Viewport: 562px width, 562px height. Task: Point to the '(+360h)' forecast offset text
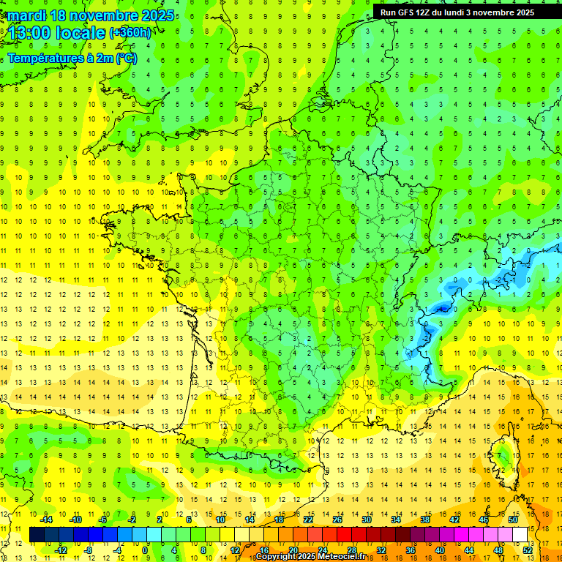(x=130, y=32)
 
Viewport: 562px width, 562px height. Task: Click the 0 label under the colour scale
(x=145, y=550)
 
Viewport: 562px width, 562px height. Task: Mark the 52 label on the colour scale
(x=528, y=550)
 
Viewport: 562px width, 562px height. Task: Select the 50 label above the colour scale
(x=512, y=520)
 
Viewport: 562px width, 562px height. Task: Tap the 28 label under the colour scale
(x=352, y=550)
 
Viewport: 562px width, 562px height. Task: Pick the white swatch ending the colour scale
(x=520, y=534)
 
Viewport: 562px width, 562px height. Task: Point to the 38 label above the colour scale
(x=424, y=520)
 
